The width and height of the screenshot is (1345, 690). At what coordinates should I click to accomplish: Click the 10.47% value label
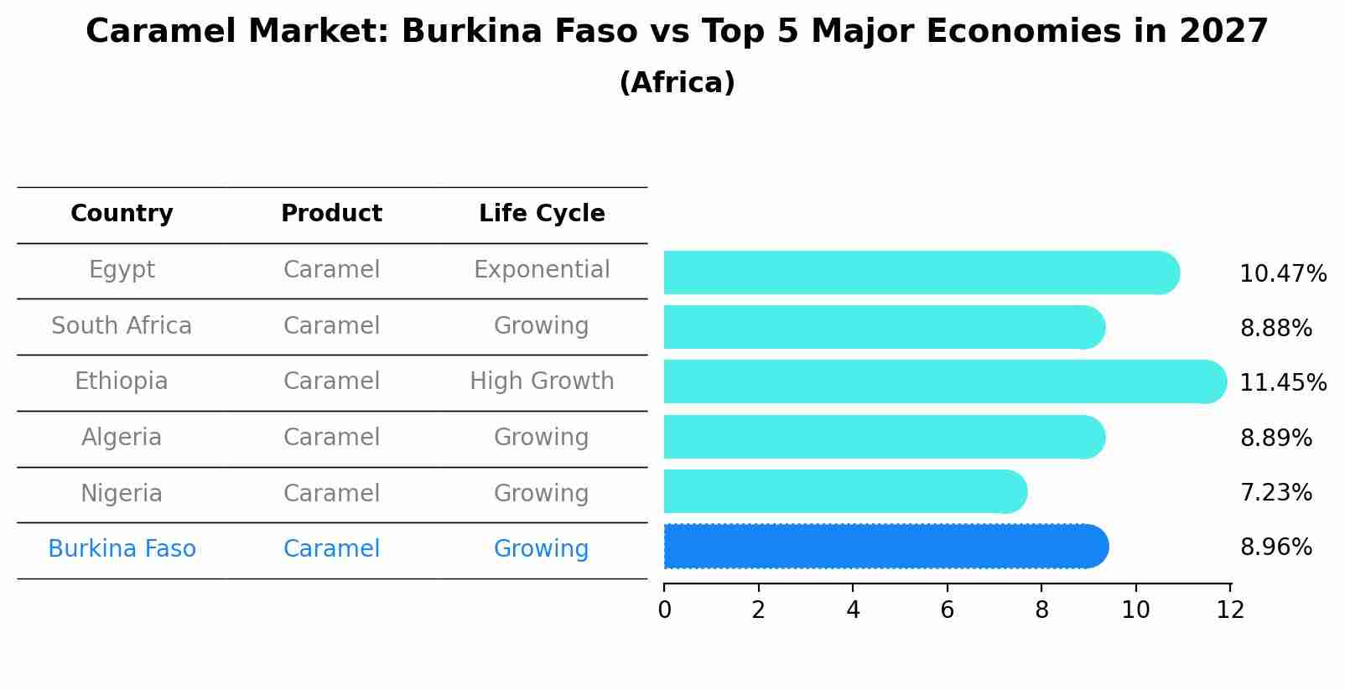click(x=1282, y=274)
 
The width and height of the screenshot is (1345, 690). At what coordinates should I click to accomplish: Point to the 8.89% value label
click(x=1275, y=438)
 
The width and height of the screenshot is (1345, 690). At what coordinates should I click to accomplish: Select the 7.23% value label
click(x=1275, y=492)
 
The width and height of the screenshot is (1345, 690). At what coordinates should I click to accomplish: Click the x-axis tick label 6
click(x=948, y=610)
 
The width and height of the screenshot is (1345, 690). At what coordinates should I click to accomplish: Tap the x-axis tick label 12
click(x=1230, y=610)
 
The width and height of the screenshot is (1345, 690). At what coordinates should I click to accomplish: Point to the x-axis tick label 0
click(x=664, y=610)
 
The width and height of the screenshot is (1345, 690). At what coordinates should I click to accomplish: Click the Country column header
click(x=122, y=214)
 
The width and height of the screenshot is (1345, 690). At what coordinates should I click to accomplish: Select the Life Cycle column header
click(x=542, y=214)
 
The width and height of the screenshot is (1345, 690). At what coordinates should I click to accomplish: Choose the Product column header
click(x=331, y=214)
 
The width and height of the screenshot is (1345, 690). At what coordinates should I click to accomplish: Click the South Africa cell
click(x=122, y=325)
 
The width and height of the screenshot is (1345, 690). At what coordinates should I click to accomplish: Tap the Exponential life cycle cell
click(x=542, y=270)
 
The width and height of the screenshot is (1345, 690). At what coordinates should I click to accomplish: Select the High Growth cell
click(x=542, y=381)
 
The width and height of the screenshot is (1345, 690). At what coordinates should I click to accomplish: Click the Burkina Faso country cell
click(x=122, y=549)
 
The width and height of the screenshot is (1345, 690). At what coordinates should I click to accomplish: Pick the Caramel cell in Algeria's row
click(x=331, y=438)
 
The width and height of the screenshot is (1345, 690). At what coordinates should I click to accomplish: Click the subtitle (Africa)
click(x=677, y=83)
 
